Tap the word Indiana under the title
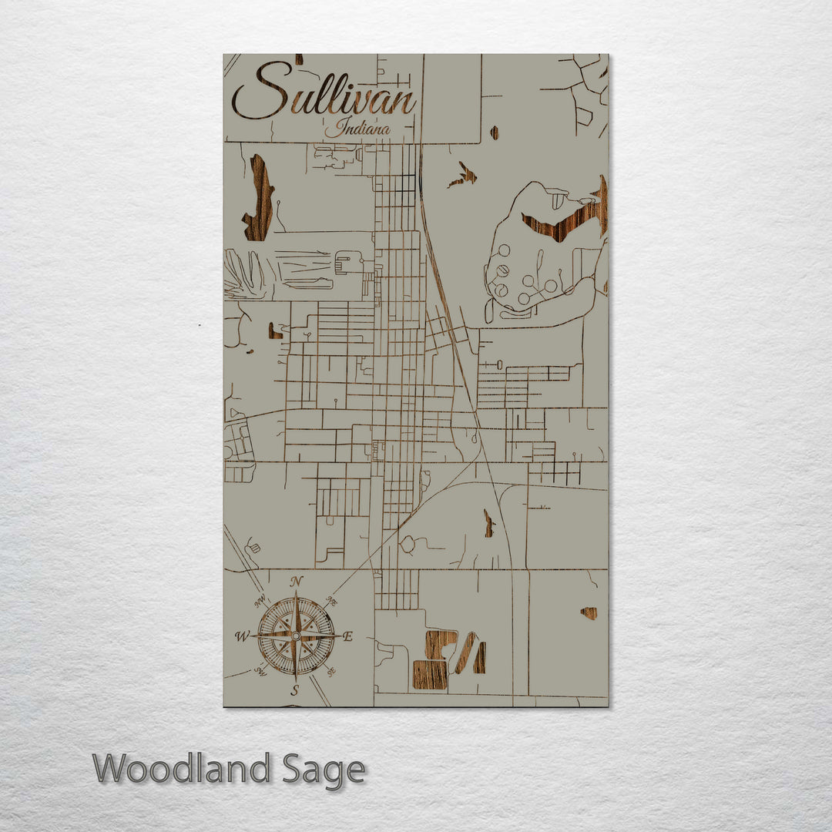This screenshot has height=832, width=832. [357, 129]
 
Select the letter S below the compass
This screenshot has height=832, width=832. [294, 691]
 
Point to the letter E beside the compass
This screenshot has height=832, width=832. [347, 636]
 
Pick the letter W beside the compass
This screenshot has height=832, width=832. [241, 636]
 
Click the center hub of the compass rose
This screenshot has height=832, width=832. [296, 636]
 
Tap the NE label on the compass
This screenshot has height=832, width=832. [333, 601]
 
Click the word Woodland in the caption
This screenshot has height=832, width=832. [182, 769]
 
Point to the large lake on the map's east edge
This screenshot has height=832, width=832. [570, 216]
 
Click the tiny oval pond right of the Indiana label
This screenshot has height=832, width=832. [494, 133]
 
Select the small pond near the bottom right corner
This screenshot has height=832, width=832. [589, 613]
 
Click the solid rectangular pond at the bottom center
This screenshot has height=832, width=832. [429, 673]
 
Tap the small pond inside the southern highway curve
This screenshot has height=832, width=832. [488, 524]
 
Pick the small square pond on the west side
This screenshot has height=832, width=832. [275, 331]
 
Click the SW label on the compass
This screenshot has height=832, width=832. [260, 671]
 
